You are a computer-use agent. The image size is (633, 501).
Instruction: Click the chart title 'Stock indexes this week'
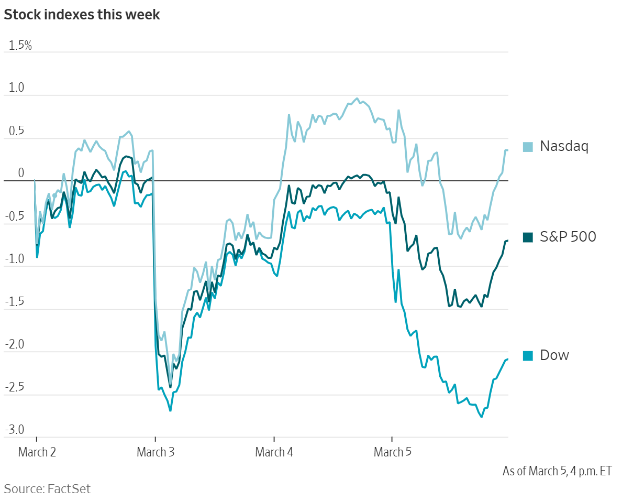click(82, 15)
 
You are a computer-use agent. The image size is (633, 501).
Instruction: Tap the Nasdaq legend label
click(564, 146)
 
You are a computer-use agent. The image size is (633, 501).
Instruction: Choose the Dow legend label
click(554, 355)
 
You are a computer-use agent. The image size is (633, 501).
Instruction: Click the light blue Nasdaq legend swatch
click(528, 147)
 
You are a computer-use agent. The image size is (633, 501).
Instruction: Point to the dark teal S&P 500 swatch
click(528, 237)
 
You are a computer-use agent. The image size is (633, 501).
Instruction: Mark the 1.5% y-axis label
click(19, 46)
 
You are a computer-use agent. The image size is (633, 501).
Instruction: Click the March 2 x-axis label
click(37, 452)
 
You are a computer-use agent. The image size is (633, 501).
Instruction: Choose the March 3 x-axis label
click(156, 452)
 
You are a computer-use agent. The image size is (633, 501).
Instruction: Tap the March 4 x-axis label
click(274, 452)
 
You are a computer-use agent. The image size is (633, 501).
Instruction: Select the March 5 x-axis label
click(392, 452)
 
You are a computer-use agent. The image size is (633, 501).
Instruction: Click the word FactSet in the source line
click(69, 489)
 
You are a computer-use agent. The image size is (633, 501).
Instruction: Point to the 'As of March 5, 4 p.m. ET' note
click(557, 471)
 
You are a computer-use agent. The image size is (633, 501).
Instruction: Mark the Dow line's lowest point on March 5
click(481, 417)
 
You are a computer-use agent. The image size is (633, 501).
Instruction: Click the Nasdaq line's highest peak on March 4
click(357, 99)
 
